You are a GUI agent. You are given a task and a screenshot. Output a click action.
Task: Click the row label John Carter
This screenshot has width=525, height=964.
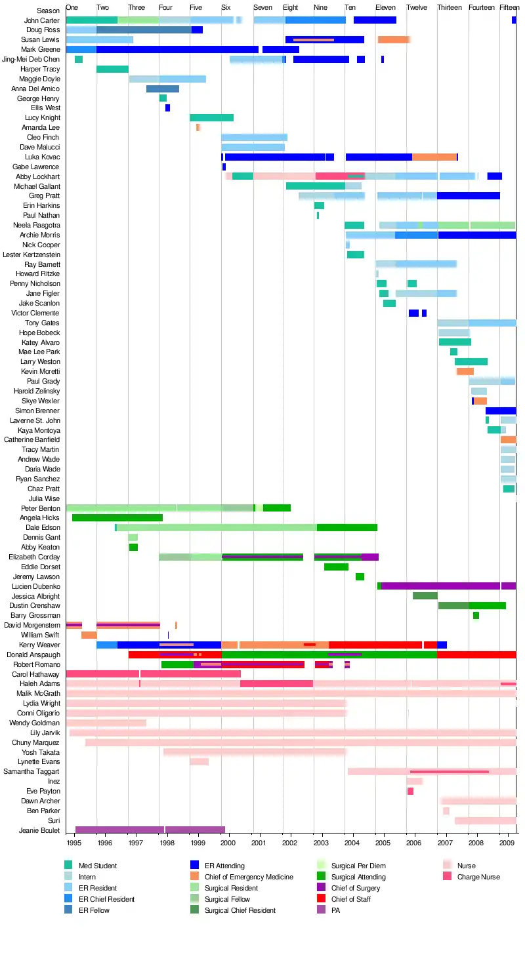[x=41, y=20]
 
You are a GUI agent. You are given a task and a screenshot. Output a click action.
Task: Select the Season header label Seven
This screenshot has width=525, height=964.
[x=262, y=7]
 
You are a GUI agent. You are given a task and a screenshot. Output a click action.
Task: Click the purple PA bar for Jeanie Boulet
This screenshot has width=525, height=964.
[x=150, y=830]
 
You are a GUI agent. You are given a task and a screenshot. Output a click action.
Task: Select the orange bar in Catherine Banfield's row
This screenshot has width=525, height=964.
[x=508, y=439]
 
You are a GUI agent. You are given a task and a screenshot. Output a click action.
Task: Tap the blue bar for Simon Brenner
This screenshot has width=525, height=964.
[x=500, y=411]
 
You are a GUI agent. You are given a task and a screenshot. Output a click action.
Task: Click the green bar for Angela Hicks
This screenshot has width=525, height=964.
[x=117, y=518]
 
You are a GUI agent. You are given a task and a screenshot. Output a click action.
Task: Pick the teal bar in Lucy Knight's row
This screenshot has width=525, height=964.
[x=211, y=118]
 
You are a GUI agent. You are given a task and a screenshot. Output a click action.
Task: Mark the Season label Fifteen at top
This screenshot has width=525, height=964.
[x=509, y=7]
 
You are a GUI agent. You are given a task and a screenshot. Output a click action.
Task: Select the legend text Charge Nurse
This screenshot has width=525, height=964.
[x=478, y=877]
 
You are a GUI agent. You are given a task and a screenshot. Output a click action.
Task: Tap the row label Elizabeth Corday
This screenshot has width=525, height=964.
[x=34, y=557]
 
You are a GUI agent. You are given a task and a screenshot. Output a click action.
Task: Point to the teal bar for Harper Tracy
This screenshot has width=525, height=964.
[x=112, y=69]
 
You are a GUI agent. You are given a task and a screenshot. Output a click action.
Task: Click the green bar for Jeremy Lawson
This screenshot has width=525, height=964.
[x=360, y=576]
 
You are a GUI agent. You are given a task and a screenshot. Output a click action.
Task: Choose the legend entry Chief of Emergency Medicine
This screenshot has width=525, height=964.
[x=249, y=877]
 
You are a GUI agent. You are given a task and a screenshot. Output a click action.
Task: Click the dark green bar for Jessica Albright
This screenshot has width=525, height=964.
[x=425, y=596]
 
